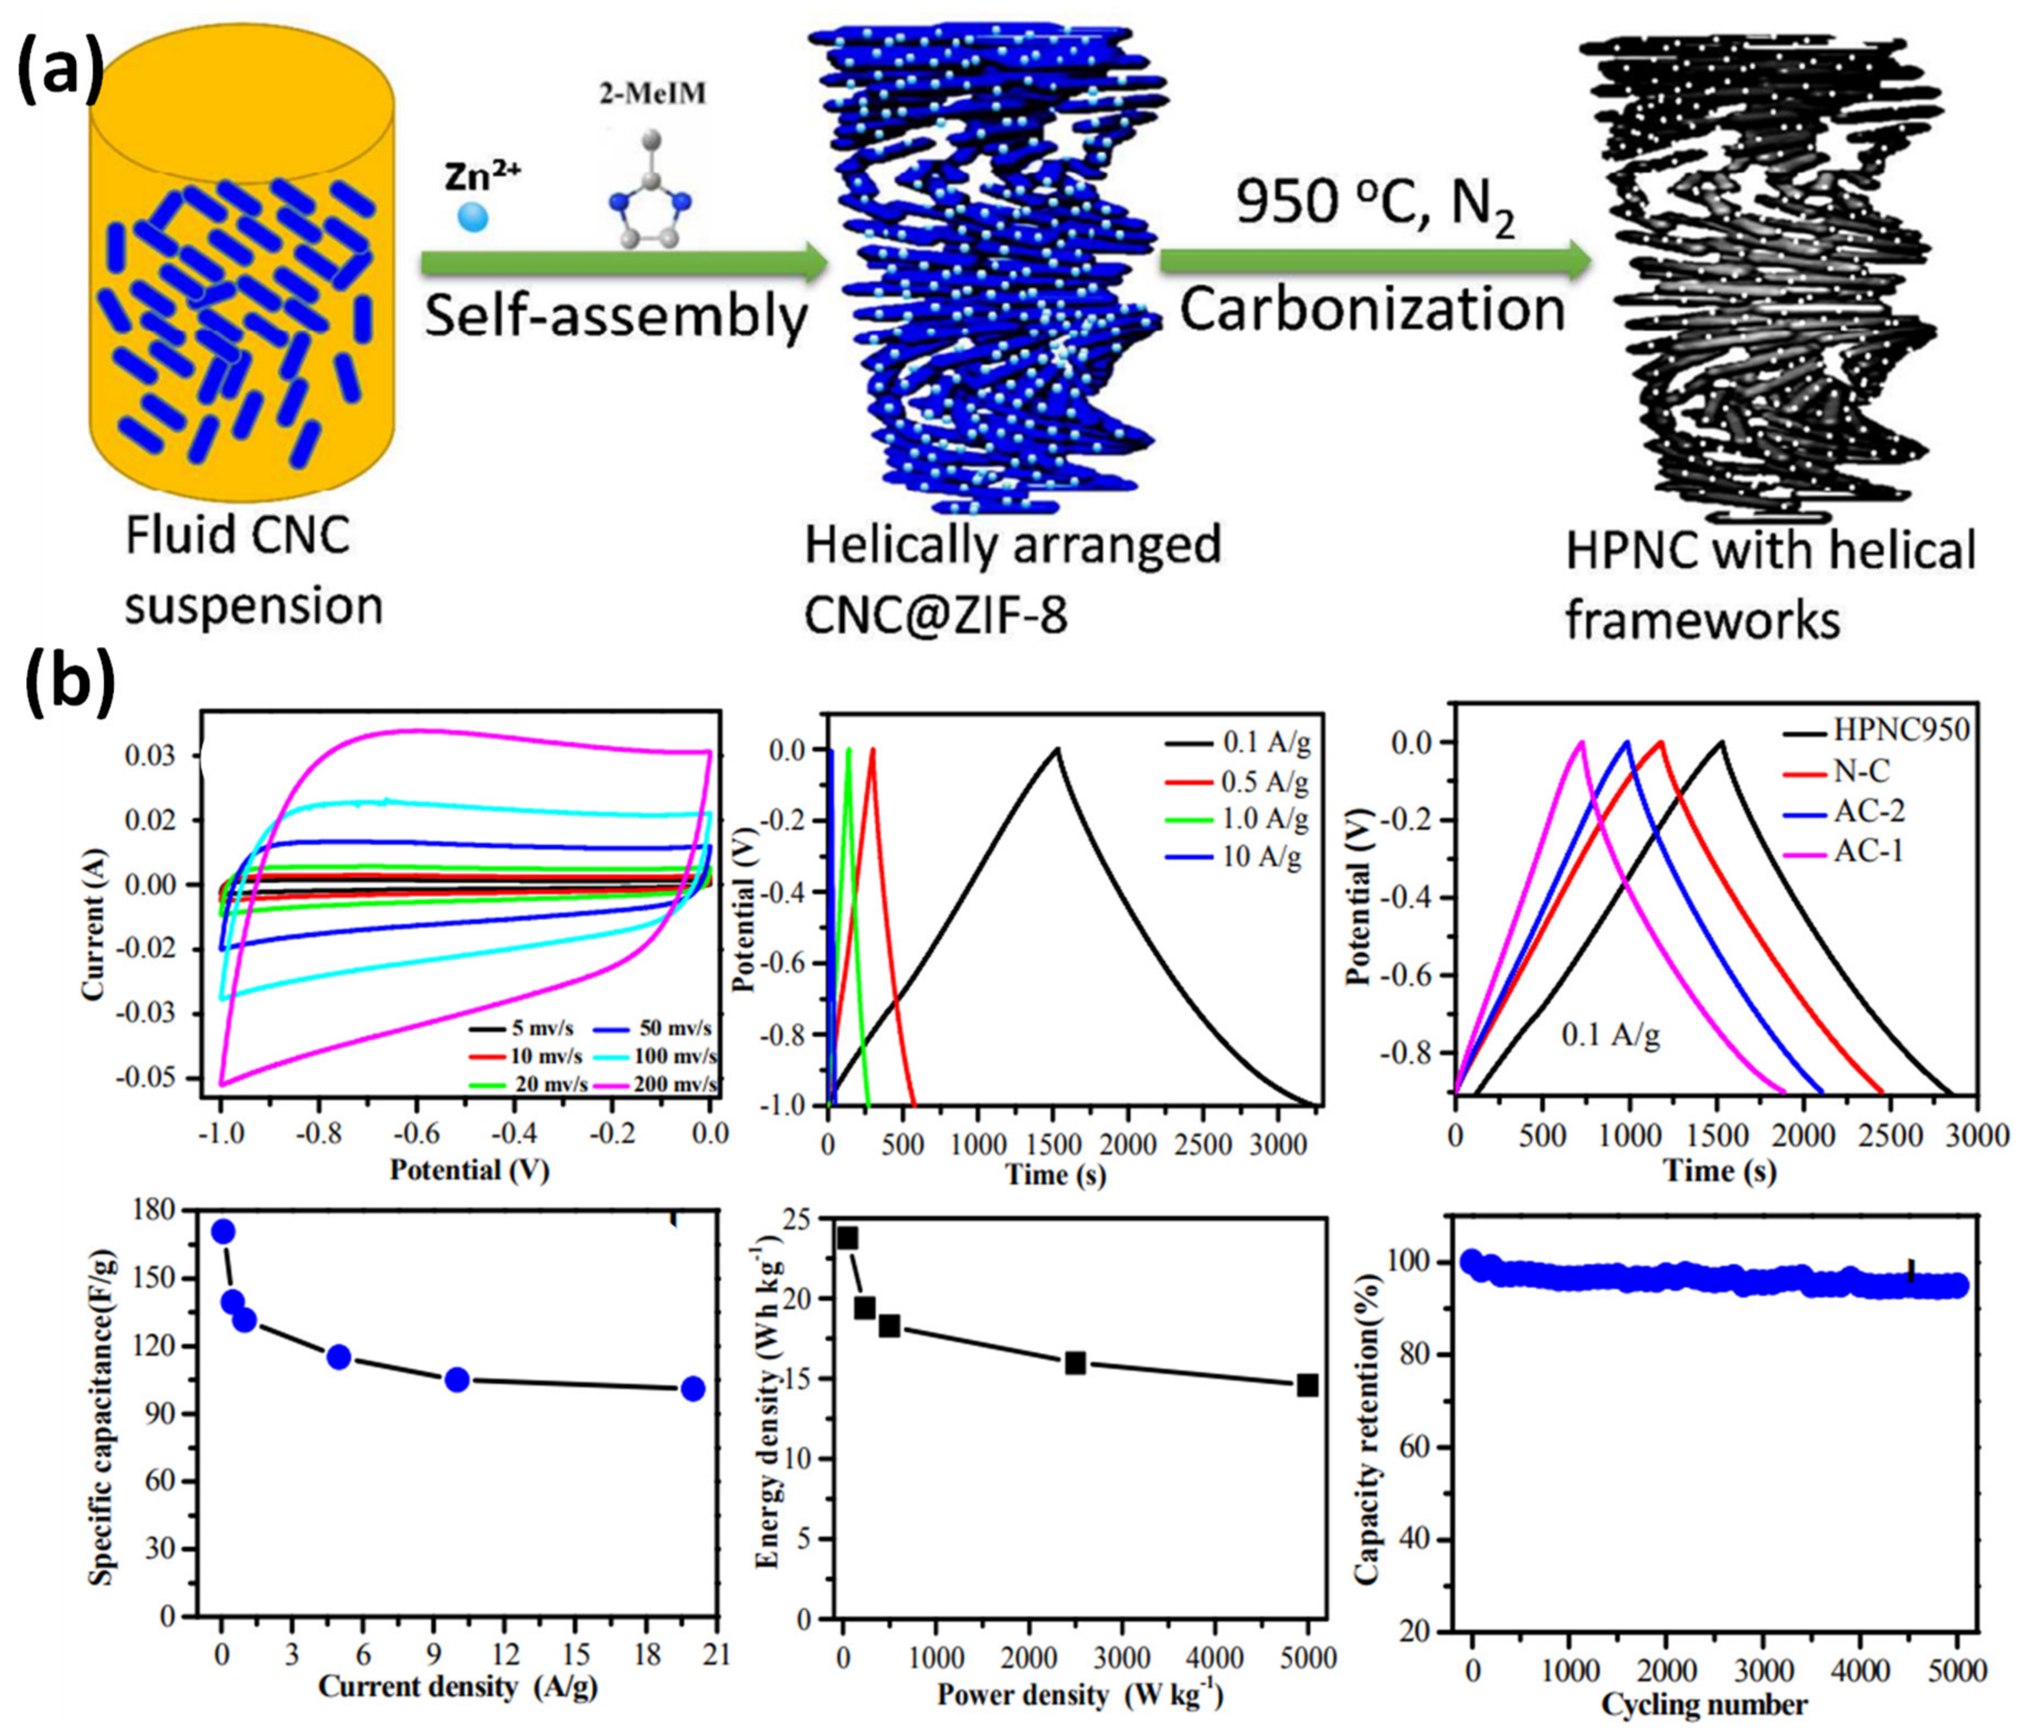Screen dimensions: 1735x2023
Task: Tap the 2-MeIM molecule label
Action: (x=651, y=94)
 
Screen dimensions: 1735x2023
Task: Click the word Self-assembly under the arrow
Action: (x=616, y=317)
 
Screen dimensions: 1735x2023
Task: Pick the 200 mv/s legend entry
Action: (x=674, y=1084)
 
